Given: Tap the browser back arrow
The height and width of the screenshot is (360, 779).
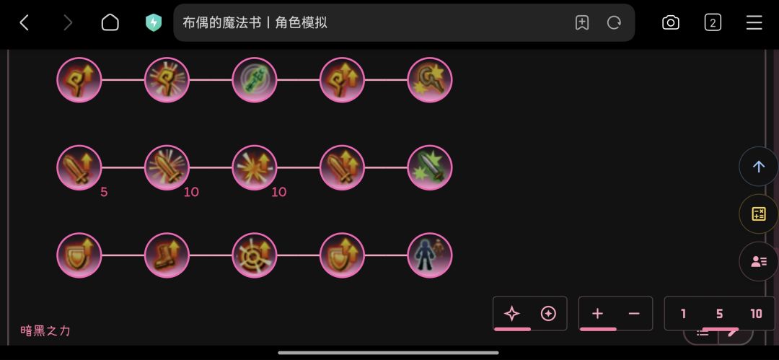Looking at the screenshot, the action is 23,23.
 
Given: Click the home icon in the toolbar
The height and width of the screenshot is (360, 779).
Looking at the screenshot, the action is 110,23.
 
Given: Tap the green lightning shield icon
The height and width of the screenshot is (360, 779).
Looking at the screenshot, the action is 154,23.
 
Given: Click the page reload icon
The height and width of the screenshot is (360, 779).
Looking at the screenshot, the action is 614,23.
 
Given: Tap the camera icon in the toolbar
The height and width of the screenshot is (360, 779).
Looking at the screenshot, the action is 671,23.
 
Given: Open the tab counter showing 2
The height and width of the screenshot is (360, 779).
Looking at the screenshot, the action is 713,23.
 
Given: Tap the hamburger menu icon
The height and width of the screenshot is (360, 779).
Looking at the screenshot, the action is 754,23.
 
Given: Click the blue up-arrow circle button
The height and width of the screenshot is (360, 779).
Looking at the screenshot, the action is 759,167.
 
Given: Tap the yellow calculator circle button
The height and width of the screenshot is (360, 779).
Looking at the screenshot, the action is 759,214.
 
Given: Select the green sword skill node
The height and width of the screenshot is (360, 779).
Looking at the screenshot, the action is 430,167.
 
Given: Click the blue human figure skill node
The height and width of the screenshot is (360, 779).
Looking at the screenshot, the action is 430,255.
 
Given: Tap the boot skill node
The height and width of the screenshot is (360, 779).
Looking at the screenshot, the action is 167,255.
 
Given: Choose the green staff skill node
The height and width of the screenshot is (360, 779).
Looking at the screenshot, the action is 255,80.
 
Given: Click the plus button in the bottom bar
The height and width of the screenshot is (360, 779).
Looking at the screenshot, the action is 598,314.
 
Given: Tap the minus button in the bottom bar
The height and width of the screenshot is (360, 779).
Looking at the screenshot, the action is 634,314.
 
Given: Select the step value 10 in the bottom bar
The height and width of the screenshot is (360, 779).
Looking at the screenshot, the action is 756,314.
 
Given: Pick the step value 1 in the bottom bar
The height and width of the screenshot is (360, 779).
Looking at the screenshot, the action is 683,314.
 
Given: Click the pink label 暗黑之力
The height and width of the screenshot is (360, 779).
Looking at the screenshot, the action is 45,330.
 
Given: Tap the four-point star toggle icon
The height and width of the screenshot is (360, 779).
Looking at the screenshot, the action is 511,314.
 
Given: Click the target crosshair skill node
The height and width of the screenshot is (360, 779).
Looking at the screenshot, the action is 255,255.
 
